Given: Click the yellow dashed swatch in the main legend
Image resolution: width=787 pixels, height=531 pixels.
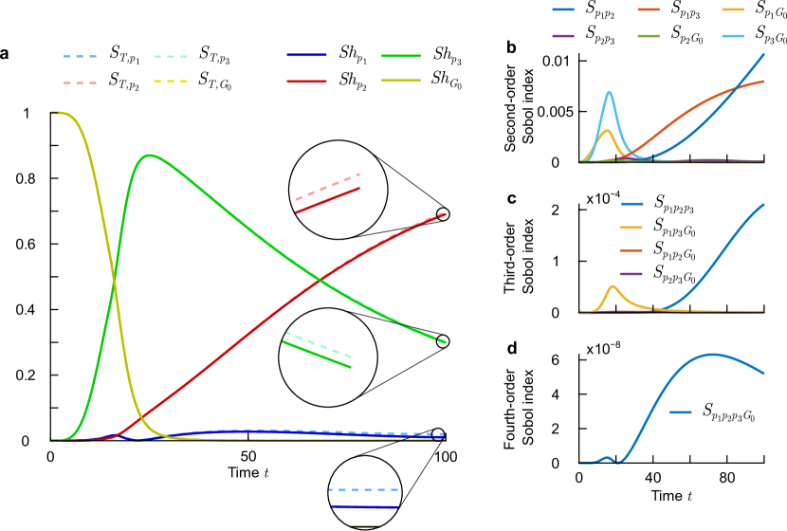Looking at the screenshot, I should (x=171, y=82).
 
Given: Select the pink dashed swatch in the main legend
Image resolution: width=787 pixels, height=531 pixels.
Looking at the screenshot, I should (x=80, y=83).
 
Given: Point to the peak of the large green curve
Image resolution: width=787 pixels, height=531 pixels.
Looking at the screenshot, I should (x=148, y=155).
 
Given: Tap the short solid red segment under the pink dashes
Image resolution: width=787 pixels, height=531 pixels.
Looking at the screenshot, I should (x=327, y=200).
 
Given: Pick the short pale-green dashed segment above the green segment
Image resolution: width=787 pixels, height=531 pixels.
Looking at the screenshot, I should (x=319, y=344).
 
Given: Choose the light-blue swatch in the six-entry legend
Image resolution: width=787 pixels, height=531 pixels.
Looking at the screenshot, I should (x=732, y=36).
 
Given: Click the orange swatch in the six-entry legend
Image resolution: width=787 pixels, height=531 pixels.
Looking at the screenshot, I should (x=649, y=9).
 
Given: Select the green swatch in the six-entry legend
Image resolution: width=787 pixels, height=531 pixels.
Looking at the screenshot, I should (x=649, y=36).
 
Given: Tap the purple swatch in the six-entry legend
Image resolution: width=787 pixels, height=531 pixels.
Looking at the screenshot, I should (x=563, y=36).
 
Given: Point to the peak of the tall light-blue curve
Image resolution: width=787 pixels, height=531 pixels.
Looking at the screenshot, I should (x=609, y=92).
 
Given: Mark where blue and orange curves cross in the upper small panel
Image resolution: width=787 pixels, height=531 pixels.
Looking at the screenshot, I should (x=736, y=89).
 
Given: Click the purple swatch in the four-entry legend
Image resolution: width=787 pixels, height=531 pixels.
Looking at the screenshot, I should (x=631, y=274).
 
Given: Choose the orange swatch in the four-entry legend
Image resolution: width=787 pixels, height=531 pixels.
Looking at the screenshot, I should (x=631, y=251).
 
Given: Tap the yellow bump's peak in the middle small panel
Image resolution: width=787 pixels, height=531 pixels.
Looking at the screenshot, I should (x=613, y=285).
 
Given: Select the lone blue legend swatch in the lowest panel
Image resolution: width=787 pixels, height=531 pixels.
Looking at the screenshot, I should (x=681, y=412).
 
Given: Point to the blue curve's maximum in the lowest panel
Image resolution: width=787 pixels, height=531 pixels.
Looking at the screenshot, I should (x=711, y=355).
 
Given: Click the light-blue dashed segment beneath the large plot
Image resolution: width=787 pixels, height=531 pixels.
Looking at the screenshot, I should (x=363, y=490).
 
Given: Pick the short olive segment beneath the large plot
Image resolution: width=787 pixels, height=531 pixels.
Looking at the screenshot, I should (x=365, y=525).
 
